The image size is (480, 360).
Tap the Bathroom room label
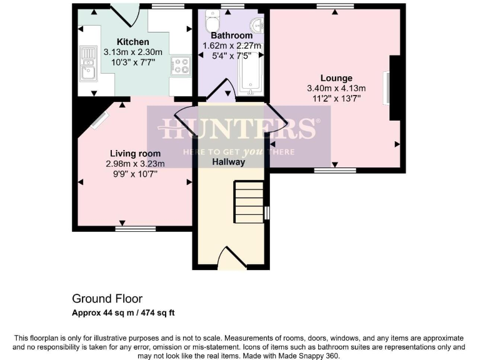click(x=231, y=36)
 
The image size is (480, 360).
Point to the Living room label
click(x=135, y=153)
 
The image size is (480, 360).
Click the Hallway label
click(x=228, y=162)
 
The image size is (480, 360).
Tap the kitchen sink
click(x=87, y=65)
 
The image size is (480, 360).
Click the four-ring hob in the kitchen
click(x=181, y=66)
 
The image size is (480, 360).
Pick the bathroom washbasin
click(x=255, y=26)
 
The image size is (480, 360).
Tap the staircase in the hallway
click(x=248, y=201)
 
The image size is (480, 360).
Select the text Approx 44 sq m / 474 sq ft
click(x=127, y=312)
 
